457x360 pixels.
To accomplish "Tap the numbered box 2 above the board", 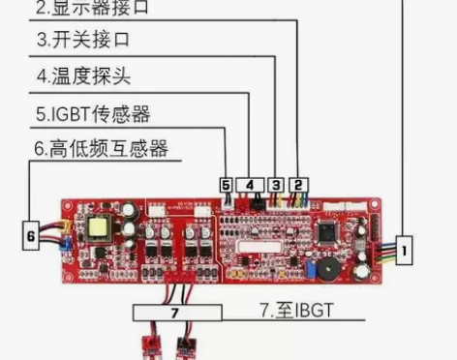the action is click(298, 184).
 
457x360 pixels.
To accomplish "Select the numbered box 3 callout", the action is click(276, 184).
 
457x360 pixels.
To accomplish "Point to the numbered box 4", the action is click(250, 184).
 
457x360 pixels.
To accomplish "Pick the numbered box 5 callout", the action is click(226, 184).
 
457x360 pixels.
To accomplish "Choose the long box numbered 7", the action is click(175, 314).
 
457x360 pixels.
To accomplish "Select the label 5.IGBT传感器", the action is click(93, 113).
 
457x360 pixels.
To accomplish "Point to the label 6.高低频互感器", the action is click(101, 148).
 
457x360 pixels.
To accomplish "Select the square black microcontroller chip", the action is click(324, 232).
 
